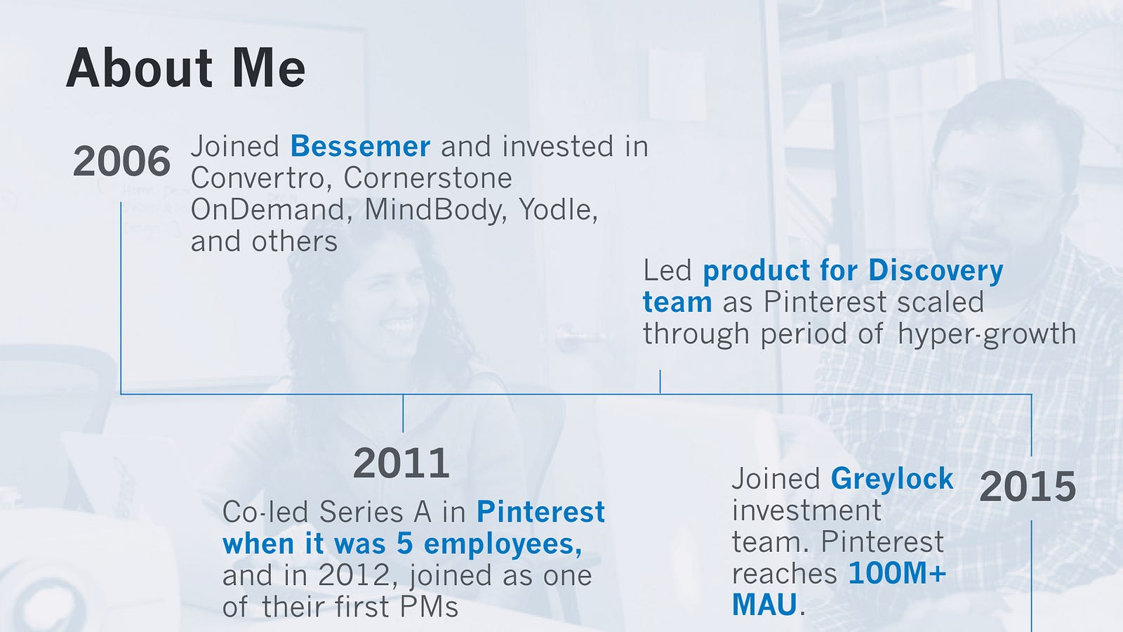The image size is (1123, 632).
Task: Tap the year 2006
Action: pos(121,162)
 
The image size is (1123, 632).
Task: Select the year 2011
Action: pos(401,463)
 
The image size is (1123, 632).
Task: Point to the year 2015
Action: pos(1028,487)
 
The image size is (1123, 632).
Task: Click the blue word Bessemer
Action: pos(360,147)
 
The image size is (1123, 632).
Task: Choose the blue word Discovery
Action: pos(936,271)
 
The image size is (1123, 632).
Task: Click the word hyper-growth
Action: pos(987,334)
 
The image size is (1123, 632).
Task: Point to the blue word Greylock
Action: pos(892,479)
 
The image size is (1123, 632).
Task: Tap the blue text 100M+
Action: pos(897,573)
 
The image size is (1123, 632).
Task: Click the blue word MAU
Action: pos(764,605)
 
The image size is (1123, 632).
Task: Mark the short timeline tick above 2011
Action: pos(403,414)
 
